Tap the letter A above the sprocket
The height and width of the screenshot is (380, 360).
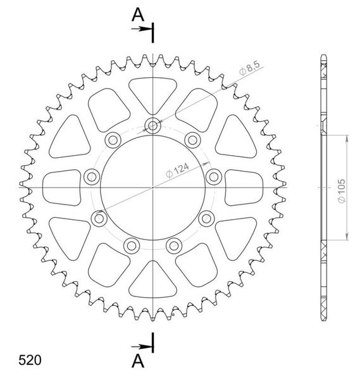coord(137,16)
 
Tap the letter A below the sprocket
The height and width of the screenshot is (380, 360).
coord(137,360)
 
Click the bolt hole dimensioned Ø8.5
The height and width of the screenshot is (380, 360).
coord(153,124)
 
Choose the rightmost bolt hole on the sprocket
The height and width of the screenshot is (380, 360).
coord(214,177)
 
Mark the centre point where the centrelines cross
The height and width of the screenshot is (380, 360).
coord(153,187)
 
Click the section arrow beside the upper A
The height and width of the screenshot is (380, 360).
coord(147,28)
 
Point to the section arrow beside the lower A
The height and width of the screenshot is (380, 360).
coord(147,346)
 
